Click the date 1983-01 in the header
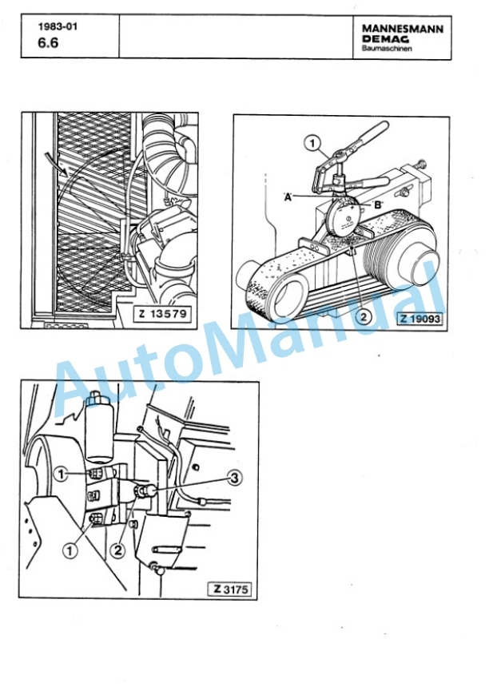[x=58, y=26]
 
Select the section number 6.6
[x=48, y=43]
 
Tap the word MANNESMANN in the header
[x=403, y=29]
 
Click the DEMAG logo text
[x=385, y=39]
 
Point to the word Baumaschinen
[x=387, y=49]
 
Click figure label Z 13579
[x=163, y=314]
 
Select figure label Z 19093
[x=420, y=318]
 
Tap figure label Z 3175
[x=230, y=589]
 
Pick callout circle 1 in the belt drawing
[x=312, y=143]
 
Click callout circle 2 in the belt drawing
[x=363, y=317]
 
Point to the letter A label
[x=288, y=197]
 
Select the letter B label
[x=378, y=205]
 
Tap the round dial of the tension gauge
[x=346, y=219]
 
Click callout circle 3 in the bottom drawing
[x=235, y=477]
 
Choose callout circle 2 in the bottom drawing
[x=117, y=550]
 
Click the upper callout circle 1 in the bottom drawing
[x=62, y=475]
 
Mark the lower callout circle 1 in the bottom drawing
[x=70, y=550]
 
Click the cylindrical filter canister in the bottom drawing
[x=99, y=427]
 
